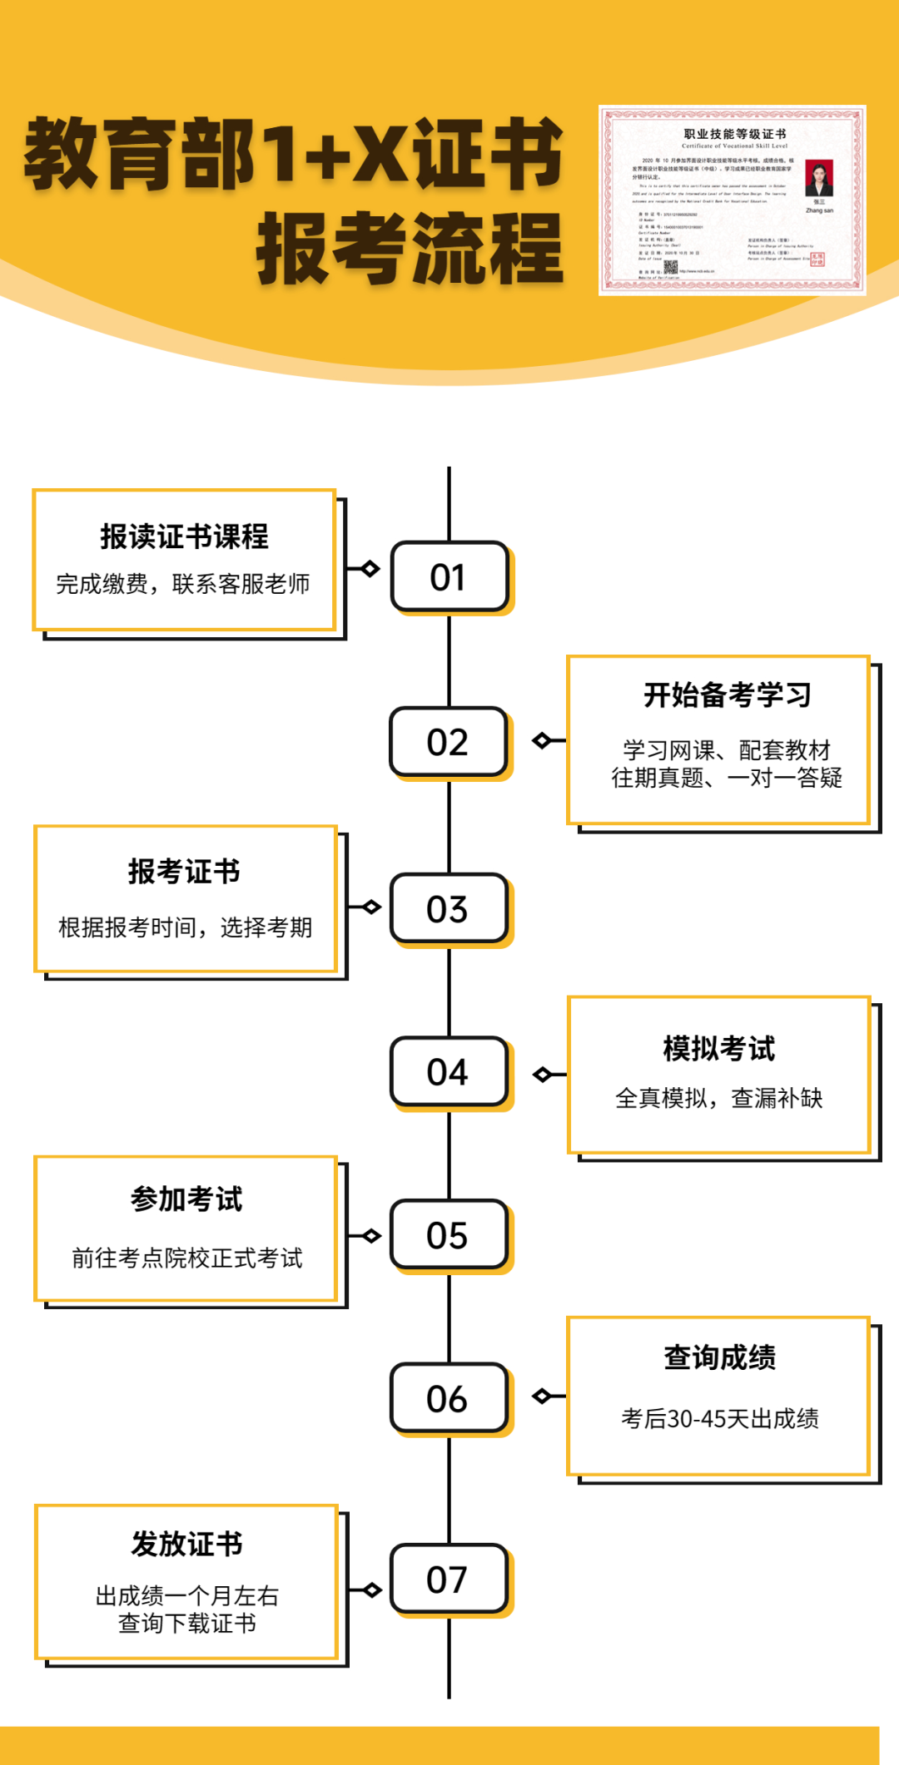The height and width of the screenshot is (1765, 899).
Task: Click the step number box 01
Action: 449,577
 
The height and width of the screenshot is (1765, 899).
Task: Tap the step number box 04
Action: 449,1071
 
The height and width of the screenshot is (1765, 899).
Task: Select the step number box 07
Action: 449,1579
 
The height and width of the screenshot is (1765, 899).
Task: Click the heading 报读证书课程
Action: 184,536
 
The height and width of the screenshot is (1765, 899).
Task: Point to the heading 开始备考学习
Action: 727,695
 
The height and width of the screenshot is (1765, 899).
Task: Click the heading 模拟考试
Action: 719,1049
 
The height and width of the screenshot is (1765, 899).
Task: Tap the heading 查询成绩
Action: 719,1357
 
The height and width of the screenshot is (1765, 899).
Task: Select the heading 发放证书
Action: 186,1544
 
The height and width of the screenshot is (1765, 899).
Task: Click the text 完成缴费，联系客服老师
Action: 183,584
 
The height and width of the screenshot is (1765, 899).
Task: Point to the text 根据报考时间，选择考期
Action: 185,927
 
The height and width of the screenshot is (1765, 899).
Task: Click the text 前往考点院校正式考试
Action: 186,1258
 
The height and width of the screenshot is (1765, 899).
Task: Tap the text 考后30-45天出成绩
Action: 719,1418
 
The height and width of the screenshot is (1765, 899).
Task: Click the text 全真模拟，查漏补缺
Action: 719,1098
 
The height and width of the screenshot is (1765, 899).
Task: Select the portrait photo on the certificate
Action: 819,177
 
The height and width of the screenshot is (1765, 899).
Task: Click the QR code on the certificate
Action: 670,268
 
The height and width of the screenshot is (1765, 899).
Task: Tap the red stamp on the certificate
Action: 817,260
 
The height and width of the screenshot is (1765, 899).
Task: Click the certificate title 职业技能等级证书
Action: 735,134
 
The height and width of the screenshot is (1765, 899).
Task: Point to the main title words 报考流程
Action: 410,248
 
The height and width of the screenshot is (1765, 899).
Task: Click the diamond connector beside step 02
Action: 543,740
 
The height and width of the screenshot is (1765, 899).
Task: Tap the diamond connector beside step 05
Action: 371,1236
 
